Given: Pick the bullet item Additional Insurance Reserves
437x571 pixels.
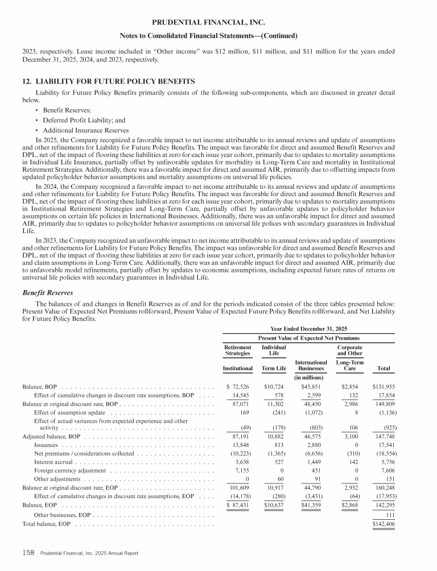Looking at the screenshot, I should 82,130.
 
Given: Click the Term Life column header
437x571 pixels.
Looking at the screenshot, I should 273,369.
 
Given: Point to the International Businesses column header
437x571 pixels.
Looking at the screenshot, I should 311,365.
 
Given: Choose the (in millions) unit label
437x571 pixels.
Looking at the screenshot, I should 311,377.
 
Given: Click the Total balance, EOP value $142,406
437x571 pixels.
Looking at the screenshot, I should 384,523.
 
